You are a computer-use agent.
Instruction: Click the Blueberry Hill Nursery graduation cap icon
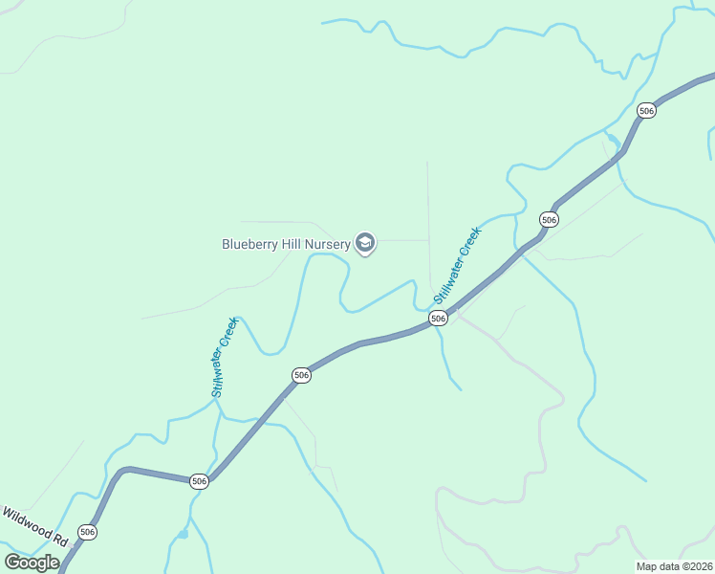coord(364,243)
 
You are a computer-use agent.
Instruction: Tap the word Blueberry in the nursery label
coord(249,244)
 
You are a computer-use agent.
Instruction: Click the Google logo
coord(32,563)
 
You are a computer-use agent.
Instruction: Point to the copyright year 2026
coord(699,566)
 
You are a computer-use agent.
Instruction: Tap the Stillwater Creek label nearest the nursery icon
coord(458,265)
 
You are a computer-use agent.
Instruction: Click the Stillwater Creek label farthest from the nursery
coord(223,357)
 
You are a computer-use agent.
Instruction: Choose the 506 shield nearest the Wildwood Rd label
coord(88,531)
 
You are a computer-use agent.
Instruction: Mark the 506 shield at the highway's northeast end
coord(647,111)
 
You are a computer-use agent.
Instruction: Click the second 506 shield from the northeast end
coord(549,219)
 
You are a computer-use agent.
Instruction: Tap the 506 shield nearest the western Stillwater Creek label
coord(302,375)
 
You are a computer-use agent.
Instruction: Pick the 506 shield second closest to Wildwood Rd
coord(199,480)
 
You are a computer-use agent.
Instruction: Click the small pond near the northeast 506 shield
coord(613,140)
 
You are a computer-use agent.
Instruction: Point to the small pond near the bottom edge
coord(183,534)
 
